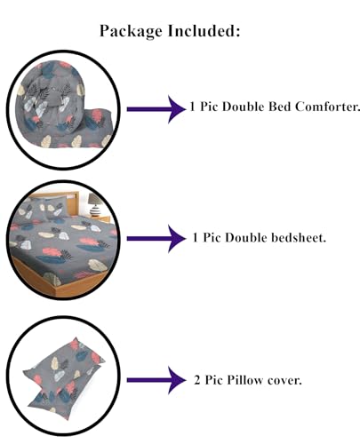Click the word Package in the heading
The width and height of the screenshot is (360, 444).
(131, 31)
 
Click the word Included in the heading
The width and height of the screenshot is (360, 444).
(204, 30)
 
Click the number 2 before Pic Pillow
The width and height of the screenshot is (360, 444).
(197, 380)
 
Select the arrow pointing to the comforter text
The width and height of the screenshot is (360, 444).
(156, 109)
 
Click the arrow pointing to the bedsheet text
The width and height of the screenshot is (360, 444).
(156, 239)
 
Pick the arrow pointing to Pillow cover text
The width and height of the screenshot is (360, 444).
(156, 380)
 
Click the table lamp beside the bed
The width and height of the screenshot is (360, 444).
(95, 204)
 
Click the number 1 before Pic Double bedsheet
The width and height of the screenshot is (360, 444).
(195, 238)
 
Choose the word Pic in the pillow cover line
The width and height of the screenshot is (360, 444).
(214, 380)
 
